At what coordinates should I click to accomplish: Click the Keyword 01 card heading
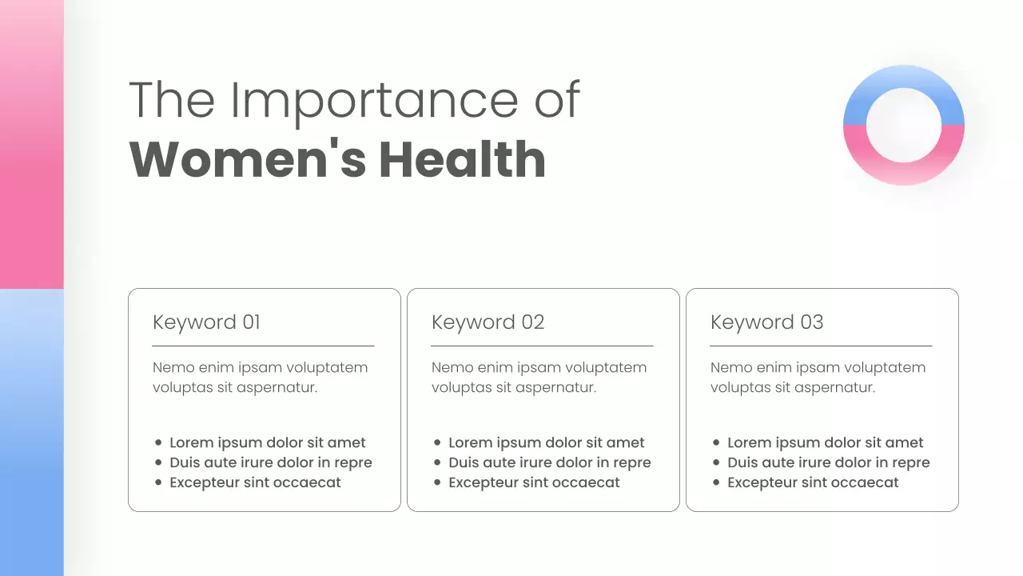[206, 322]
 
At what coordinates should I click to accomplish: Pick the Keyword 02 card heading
[488, 322]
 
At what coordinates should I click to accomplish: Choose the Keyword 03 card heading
[766, 322]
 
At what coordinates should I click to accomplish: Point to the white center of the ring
[904, 126]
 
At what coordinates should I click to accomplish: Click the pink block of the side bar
[31, 144]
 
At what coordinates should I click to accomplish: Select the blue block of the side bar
[31, 432]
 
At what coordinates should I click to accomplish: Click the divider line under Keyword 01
[263, 346]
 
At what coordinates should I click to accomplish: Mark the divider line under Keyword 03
[821, 346]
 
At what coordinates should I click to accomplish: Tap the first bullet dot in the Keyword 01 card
[158, 442]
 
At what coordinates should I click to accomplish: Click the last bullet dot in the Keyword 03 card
[716, 483]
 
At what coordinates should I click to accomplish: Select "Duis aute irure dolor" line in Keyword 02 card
[549, 462]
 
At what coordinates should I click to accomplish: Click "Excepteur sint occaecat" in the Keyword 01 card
[255, 483]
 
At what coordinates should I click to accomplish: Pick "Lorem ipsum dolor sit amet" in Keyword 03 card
[825, 442]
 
